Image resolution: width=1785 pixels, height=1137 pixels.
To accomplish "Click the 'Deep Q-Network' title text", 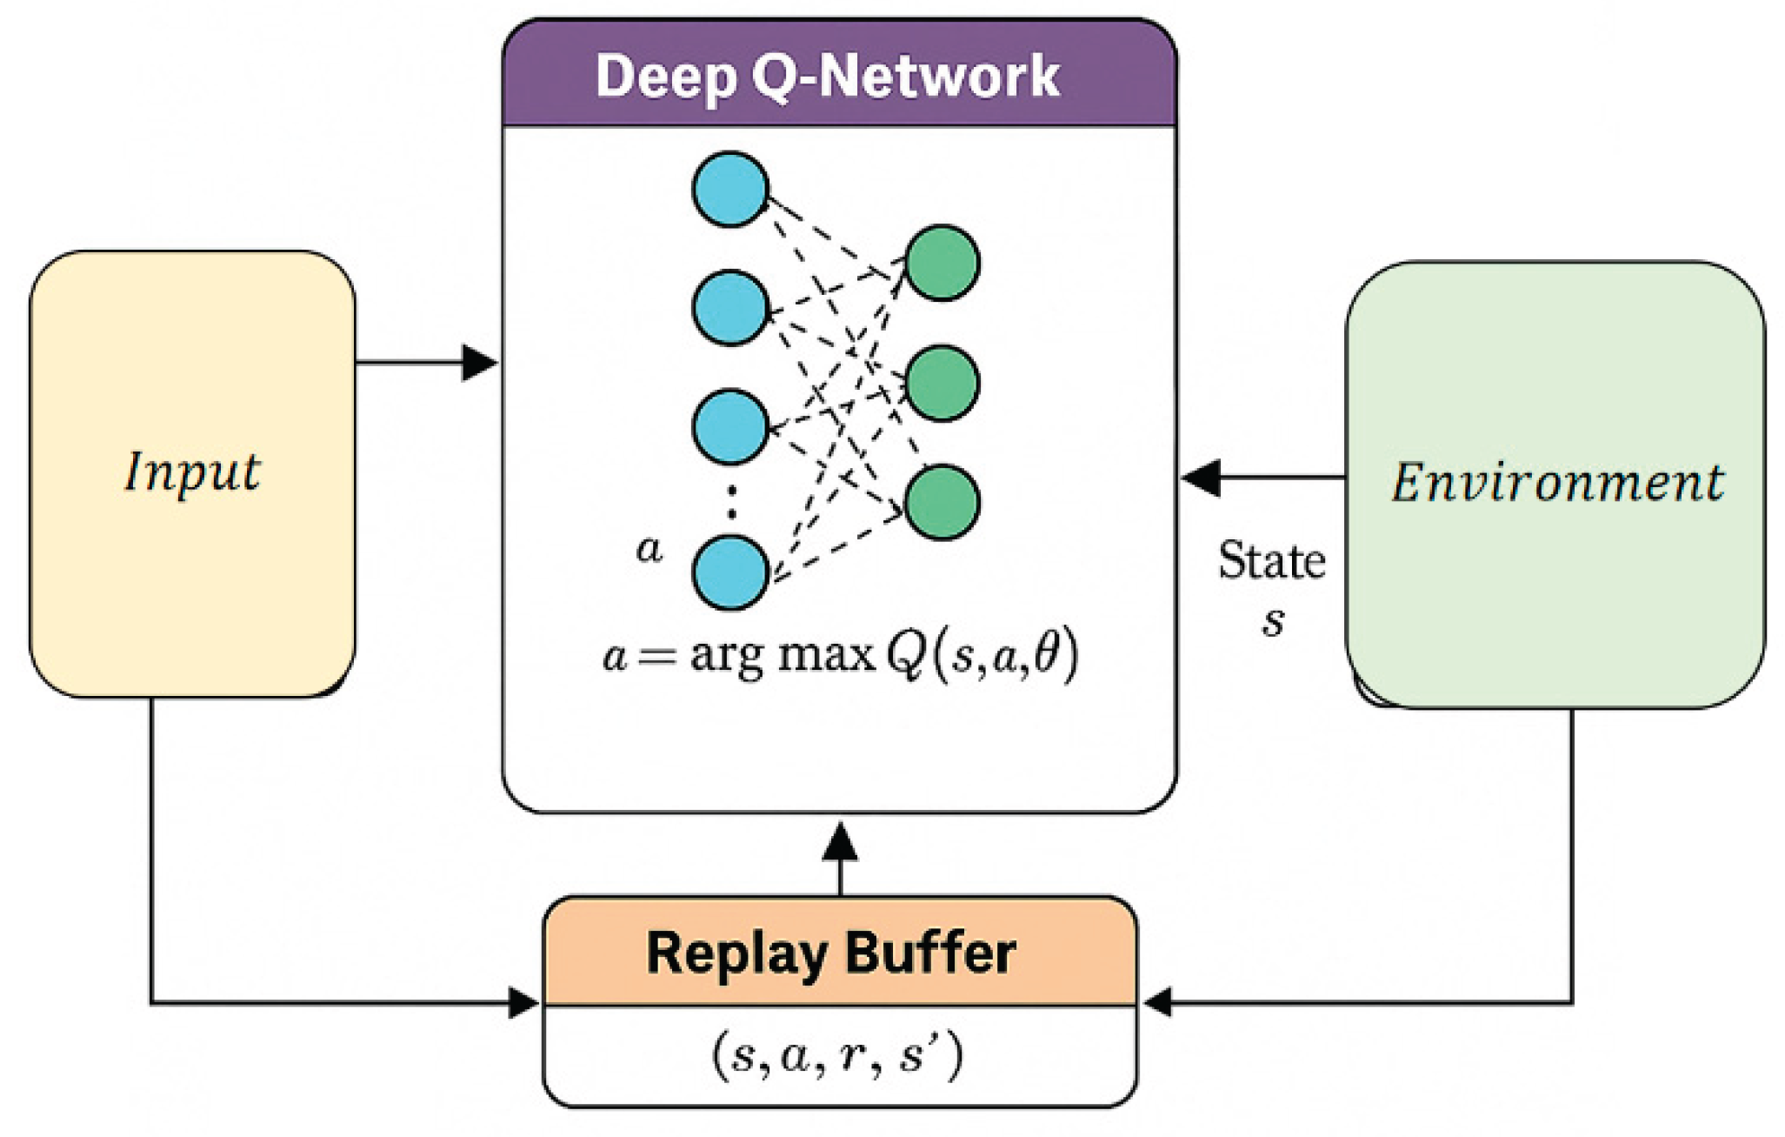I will [x=827, y=77].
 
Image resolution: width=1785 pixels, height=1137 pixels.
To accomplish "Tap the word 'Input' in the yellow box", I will [x=192, y=473].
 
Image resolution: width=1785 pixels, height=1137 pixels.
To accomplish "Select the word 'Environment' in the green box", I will [x=1557, y=483].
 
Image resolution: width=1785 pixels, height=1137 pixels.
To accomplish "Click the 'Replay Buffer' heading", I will [x=831, y=953].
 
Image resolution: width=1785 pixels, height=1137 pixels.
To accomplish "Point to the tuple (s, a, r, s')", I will [x=837, y=1055].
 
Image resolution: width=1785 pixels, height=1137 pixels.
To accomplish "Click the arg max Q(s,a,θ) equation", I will [x=840, y=654].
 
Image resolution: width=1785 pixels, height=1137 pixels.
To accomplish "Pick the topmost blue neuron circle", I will [x=730, y=190].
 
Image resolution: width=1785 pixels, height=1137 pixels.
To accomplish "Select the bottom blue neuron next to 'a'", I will [x=730, y=572].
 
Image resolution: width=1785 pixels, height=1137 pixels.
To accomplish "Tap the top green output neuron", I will [x=942, y=263].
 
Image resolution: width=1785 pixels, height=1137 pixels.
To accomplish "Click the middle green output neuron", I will [x=942, y=383].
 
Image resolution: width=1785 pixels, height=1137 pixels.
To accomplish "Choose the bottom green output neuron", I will [x=942, y=502].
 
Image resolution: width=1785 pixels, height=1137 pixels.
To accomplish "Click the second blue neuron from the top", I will [x=730, y=307].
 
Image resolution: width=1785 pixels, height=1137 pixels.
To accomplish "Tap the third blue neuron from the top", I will [x=730, y=426].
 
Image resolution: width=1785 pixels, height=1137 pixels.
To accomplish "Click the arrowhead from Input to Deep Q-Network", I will [x=479, y=362].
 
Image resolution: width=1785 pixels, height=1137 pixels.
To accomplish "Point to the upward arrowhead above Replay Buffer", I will [x=840, y=843].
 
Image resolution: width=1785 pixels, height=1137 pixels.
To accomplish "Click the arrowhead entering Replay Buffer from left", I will [x=523, y=1003].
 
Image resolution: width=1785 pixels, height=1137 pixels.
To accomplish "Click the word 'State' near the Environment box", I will [x=1271, y=561].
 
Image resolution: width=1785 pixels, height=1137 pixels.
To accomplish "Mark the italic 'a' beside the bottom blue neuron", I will [x=649, y=549].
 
